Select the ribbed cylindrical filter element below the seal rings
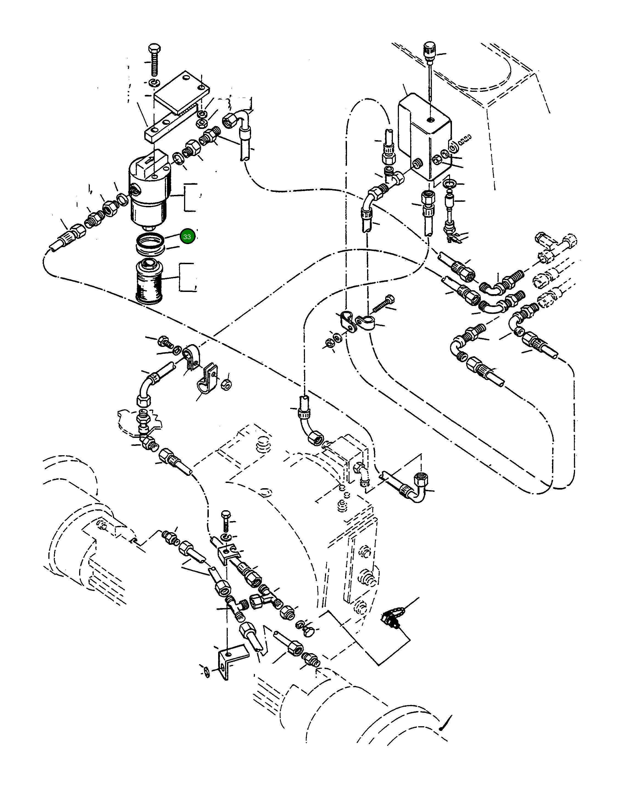click(x=149, y=282)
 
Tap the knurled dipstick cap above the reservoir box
click(x=429, y=53)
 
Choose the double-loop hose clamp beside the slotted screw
click(x=351, y=322)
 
